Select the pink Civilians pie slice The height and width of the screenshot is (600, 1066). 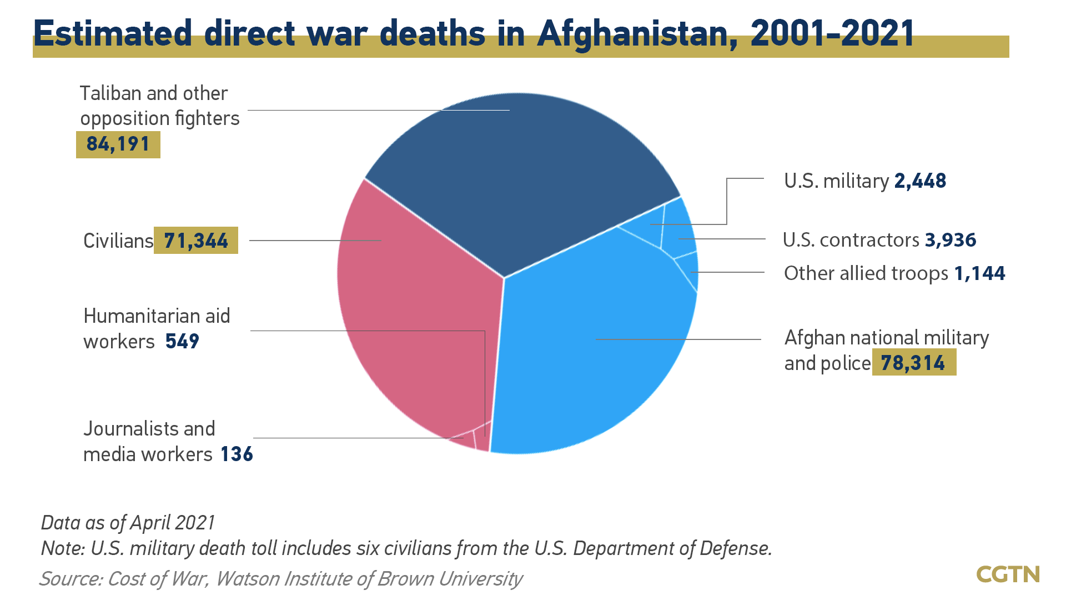click(x=411, y=311)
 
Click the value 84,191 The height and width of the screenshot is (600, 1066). click(x=118, y=144)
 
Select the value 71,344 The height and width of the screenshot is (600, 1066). click(x=196, y=241)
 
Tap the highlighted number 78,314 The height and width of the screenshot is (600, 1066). click(x=913, y=363)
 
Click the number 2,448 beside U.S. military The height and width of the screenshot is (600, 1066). click(x=920, y=181)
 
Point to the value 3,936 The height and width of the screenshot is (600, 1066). click(x=951, y=240)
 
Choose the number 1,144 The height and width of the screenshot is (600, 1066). click(x=979, y=273)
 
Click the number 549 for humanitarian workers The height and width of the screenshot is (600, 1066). click(x=182, y=341)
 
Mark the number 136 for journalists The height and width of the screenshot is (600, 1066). click(x=237, y=454)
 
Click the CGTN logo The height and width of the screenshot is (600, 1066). click(x=1008, y=574)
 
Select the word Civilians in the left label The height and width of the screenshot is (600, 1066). click(x=118, y=241)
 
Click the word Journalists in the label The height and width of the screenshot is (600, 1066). click(x=131, y=429)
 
